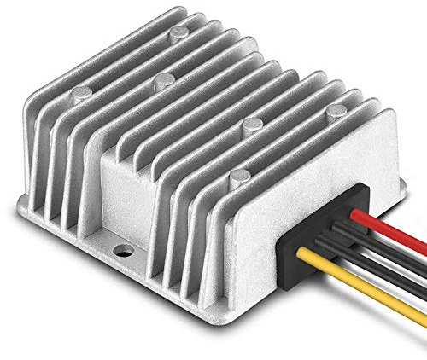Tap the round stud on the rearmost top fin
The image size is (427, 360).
[178, 34]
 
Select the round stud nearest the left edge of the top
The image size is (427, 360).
[162, 80]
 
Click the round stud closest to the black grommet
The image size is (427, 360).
[240, 177]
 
